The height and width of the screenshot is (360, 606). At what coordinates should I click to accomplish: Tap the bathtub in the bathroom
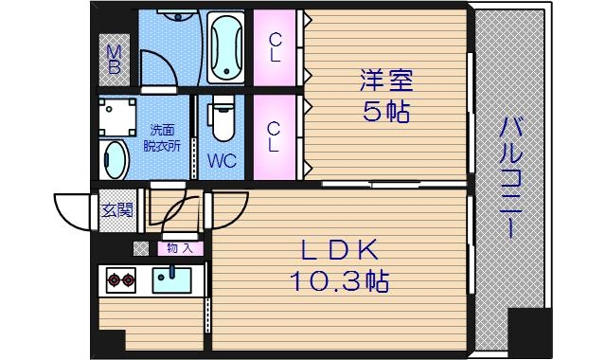(x=225, y=47)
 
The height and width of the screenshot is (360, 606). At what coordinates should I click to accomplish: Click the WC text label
(x=223, y=160)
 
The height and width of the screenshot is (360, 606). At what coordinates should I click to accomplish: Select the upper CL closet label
(x=274, y=46)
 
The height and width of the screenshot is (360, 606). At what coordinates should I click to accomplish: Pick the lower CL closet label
(x=274, y=136)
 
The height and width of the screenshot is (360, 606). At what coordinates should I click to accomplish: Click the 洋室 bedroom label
(x=385, y=80)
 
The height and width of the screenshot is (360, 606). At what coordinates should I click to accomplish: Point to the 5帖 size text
(x=385, y=112)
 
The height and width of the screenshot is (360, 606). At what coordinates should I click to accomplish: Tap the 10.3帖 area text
(x=340, y=280)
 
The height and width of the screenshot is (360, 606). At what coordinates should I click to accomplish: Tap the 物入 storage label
(x=180, y=248)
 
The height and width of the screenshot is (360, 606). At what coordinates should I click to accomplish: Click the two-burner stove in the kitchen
(x=120, y=279)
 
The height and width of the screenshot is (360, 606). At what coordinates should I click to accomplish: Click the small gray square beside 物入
(x=141, y=248)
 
